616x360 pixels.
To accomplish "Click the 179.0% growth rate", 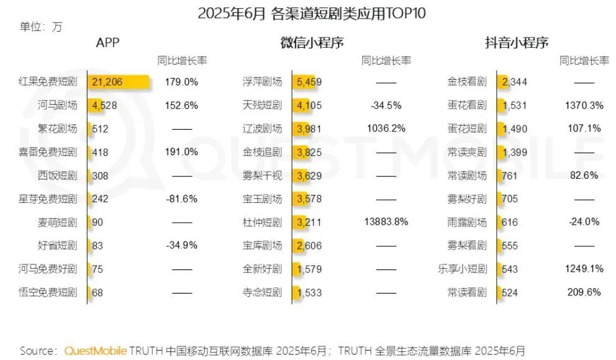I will point(181,82).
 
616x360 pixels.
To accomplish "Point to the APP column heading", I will point(107,43).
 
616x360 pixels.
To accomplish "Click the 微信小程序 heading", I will point(312,43).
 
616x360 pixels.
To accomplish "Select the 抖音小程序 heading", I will point(517,43).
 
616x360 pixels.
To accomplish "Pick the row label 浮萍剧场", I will point(261,82).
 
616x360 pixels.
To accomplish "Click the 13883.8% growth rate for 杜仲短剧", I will point(386,222).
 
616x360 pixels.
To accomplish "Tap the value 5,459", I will point(309,82).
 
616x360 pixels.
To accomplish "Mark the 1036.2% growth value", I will point(386,129).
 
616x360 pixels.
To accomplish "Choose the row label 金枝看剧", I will point(467,82).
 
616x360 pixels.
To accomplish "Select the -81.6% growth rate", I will point(181,199).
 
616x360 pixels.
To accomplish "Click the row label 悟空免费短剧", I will point(48,292).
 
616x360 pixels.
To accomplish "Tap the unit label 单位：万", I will point(41,27).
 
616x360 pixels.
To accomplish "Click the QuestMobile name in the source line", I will point(96,350).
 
